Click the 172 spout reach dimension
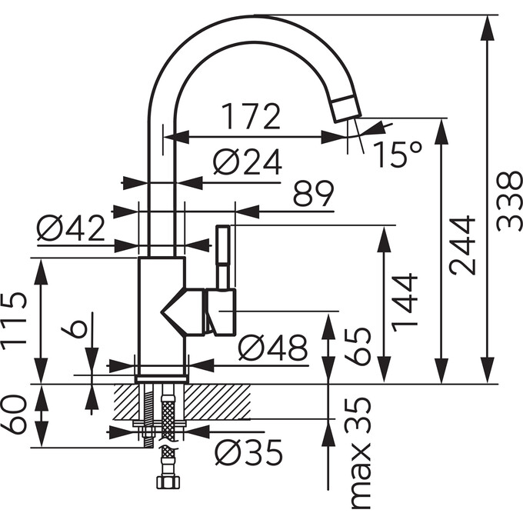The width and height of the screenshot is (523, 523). (251, 116)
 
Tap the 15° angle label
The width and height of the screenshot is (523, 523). (398, 154)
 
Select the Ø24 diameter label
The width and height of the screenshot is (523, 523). (248, 162)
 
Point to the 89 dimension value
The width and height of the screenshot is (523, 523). (313, 194)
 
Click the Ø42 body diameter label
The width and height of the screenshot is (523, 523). (71, 228)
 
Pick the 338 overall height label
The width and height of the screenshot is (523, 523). (509, 202)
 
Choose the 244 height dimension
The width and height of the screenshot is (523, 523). (462, 245)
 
